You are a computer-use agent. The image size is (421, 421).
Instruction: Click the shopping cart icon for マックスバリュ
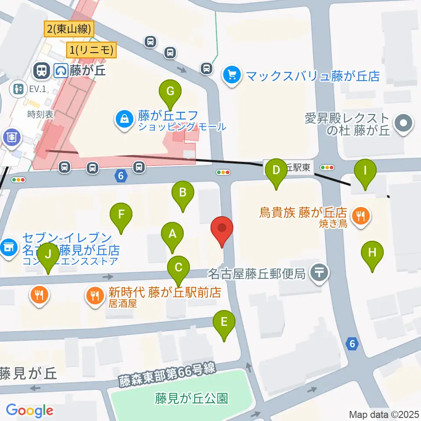click(x=231, y=75)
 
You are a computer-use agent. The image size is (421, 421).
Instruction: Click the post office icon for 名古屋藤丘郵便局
click(x=319, y=274)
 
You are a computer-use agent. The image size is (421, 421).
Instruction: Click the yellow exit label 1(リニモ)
click(x=92, y=50)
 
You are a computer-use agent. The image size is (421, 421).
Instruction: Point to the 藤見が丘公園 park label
click(x=191, y=398)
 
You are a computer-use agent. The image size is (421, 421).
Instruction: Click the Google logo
click(x=29, y=410)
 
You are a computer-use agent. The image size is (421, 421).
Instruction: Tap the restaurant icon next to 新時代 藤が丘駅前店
click(x=95, y=294)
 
